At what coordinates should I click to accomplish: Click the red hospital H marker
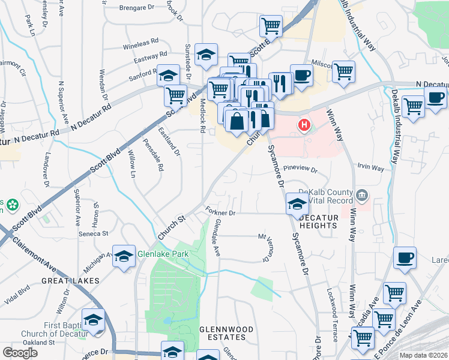305,125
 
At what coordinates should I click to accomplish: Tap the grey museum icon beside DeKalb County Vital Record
362,194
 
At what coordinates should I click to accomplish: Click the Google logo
20,353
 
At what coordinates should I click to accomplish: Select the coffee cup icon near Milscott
301,77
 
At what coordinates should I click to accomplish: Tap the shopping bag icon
238,121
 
